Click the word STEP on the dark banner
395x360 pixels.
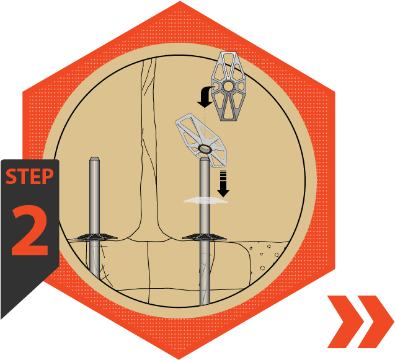pos(30,177)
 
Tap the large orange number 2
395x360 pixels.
pos(30,230)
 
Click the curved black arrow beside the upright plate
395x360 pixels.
pos(205,97)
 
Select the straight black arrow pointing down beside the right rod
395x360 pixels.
pos(223,184)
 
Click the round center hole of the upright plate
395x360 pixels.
pos(228,86)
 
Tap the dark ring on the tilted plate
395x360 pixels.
pos(205,149)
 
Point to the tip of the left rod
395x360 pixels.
pos(94,157)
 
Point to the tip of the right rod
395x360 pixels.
pos(205,158)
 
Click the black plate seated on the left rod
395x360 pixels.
pos(95,237)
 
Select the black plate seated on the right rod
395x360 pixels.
pos(204,237)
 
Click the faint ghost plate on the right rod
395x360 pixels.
pos(206,200)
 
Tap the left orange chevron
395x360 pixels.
pos(345,322)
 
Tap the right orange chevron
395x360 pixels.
pos(376,322)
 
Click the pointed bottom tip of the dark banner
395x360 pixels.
pos(1,319)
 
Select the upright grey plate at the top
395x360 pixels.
pos(228,86)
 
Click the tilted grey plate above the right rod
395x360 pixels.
pos(201,140)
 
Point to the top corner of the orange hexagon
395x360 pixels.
pos(180,1)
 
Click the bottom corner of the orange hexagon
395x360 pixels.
pos(179,359)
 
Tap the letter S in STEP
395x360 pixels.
pos(11,177)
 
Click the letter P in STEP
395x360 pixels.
pos(48,177)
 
